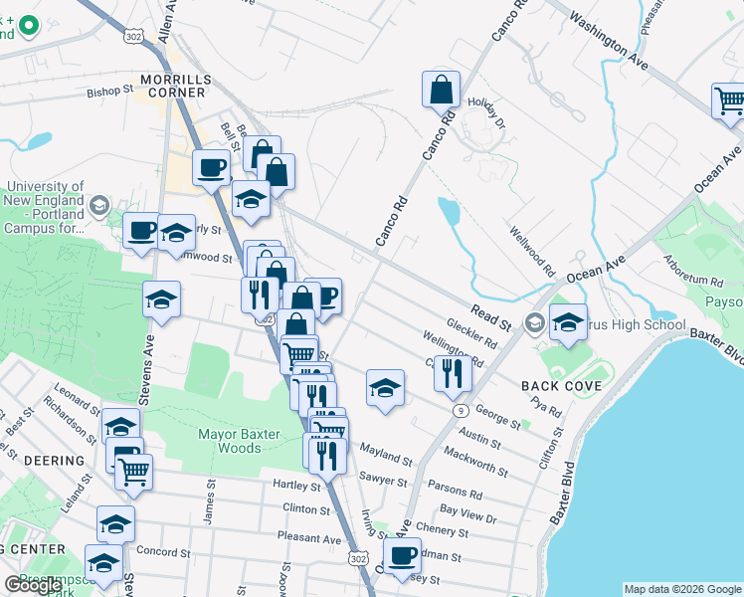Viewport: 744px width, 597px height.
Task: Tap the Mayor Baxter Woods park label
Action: point(230,441)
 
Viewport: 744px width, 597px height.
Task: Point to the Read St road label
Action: point(491,317)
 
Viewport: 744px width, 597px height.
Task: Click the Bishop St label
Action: point(109,91)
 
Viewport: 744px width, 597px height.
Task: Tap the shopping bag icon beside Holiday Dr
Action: point(441,90)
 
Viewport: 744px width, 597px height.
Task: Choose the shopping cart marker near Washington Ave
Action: point(729,101)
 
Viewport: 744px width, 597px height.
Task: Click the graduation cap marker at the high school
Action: point(568,322)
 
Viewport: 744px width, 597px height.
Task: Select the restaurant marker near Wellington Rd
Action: point(452,373)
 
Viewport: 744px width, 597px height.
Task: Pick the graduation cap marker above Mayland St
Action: point(385,387)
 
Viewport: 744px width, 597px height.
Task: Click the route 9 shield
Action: point(460,410)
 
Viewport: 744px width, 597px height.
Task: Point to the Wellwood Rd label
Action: point(533,253)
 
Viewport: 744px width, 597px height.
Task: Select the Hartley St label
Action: point(296,485)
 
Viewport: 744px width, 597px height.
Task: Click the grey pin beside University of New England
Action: point(98,206)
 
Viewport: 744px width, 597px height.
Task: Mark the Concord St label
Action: point(163,552)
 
